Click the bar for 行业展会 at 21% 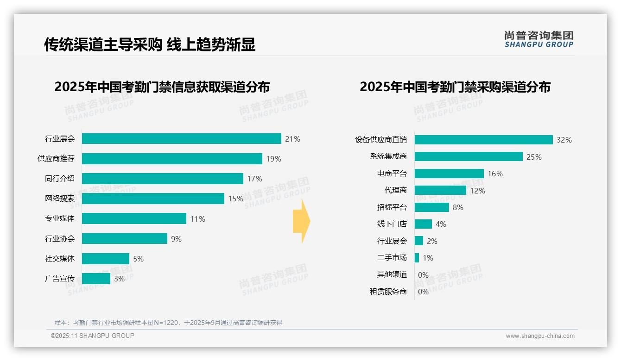pyautogui.click(x=182, y=139)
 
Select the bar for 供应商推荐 pyautogui.click(x=172, y=159)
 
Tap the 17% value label pyautogui.click(x=254, y=179)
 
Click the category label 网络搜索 pyautogui.click(x=60, y=199)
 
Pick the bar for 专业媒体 pyautogui.click(x=134, y=218)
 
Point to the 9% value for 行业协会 pyautogui.click(x=176, y=239)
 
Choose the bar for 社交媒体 pyautogui.click(x=106, y=259)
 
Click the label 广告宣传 pyautogui.click(x=60, y=279)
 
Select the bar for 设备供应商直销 pyautogui.click(x=483, y=140)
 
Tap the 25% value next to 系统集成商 pyautogui.click(x=534, y=157)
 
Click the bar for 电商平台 pyautogui.click(x=449, y=174)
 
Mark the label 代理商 pyautogui.click(x=396, y=190)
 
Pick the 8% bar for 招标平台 pyautogui.click(x=431, y=207)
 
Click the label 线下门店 pyautogui.click(x=392, y=224)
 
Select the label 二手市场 pyautogui.click(x=392, y=258)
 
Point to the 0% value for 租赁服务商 pyautogui.click(x=423, y=292)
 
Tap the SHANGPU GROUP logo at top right pyautogui.click(x=539, y=39)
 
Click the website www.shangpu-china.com pyautogui.click(x=540, y=336)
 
